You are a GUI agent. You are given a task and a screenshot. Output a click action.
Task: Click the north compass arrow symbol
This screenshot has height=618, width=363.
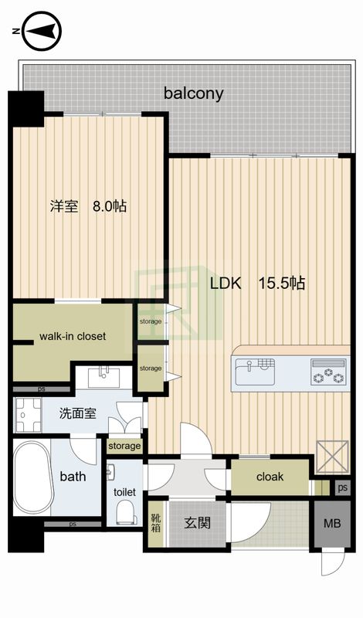(x=42, y=31)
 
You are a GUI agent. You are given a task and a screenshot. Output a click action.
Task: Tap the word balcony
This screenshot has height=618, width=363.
(x=194, y=93)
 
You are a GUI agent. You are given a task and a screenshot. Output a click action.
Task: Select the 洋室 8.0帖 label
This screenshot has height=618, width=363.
(x=88, y=205)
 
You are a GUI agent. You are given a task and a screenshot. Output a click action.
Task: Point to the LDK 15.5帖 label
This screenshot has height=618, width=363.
(x=257, y=283)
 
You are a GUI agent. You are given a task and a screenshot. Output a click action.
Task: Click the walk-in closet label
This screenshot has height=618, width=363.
(x=73, y=336)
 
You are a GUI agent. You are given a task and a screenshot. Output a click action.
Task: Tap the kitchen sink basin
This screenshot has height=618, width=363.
(x=255, y=372)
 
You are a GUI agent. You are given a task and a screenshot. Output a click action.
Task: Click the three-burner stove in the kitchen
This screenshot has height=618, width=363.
(x=328, y=372)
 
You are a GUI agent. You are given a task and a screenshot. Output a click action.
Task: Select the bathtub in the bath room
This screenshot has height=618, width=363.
(x=33, y=477)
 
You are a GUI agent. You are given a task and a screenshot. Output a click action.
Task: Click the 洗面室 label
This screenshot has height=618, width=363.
(x=78, y=413)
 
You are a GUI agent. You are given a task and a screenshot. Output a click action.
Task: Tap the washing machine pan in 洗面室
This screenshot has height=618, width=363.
(x=28, y=415)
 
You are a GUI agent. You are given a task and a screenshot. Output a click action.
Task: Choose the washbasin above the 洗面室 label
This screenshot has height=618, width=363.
(x=104, y=377)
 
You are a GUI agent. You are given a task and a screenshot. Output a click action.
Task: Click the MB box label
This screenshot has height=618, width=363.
(x=332, y=524)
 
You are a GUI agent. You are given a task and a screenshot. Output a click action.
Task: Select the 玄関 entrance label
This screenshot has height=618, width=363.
(x=198, y=523)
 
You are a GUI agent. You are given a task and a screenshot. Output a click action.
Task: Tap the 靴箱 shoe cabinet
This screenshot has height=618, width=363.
(x=156, y=523)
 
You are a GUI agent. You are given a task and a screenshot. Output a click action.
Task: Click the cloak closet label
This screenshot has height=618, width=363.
(x=270, y=477)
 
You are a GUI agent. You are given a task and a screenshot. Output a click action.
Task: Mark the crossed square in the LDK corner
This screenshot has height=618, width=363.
(x=332, y=456)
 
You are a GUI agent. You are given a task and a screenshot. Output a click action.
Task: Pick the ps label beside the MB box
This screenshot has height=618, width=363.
(x=342, y=488)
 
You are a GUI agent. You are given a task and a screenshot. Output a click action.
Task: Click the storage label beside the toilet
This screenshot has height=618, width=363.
(x=124, y=446)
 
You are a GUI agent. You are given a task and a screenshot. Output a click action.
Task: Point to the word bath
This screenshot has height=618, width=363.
(x=73, y=477)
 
